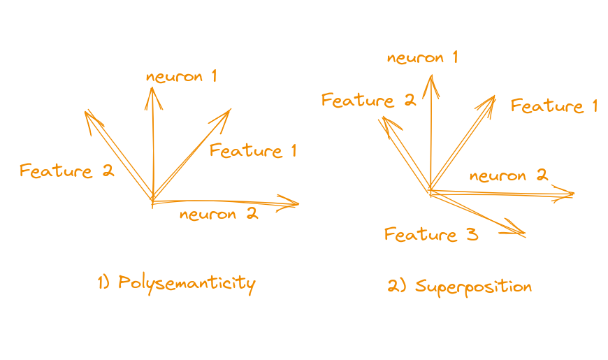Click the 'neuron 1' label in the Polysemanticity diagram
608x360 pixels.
pyautogui.click(x=182, y=76)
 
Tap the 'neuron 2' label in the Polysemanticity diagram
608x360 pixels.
pyautogui.click(x=219, y=214)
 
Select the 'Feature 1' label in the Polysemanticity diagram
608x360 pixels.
pyautogui.click(x=253, y=150)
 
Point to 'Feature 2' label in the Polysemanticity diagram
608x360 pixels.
pyautogui.click(x=66, y=171)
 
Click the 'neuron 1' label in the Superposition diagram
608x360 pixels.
pyautogui.click(x=423, y=57)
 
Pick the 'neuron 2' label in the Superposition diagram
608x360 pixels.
pyautogui.click(x=509, y=175)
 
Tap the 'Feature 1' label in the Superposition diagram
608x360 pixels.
pyautogui.click(x=554, y=106)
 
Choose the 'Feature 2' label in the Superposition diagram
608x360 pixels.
pyautogui.click(x=368, y=101)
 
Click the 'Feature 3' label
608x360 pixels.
pyautogui.click(x=431, y=235)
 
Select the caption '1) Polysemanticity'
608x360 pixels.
pyautogui.click(x=176, y=283)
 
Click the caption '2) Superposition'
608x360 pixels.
pyautogui.click(x=460, y=286)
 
